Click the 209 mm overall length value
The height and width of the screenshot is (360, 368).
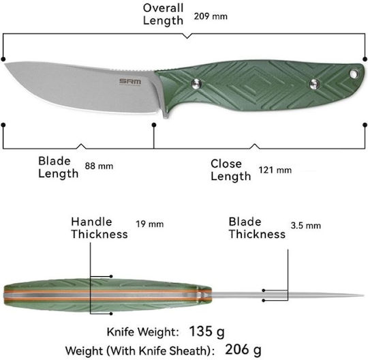(211, 16)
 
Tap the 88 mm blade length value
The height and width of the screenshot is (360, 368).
(99, 166)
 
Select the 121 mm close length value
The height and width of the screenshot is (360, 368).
(275, 170)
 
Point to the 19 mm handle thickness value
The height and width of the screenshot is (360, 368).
(149, 224)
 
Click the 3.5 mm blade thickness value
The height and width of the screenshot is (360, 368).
(305, 226)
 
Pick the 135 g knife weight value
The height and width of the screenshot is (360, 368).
(206, 331)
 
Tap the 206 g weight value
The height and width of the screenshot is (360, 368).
(243, 350)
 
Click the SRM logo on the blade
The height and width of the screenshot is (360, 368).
(130, 82)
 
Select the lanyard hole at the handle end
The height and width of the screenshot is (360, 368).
(354, 74)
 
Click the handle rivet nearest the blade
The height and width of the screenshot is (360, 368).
(196, 84)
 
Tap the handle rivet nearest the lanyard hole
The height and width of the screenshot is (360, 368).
(314, 84)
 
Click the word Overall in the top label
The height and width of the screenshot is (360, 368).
(163, 8)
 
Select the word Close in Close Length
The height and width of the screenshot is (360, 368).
(226, 164)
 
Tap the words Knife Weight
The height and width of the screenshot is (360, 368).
(142, 332)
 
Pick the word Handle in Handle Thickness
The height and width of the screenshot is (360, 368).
(91, 222)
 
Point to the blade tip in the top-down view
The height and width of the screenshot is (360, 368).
(363, 295)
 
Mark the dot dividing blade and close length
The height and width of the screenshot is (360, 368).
(154, 125)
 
